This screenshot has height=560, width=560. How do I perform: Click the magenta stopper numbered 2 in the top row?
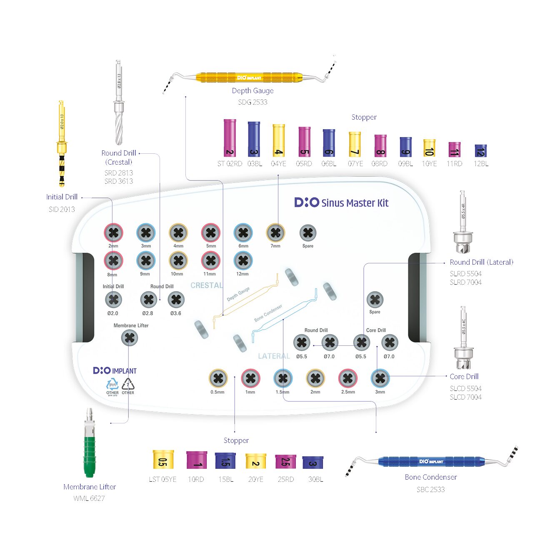coord(230,138)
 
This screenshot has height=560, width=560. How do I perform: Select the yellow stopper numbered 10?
coord(429,148)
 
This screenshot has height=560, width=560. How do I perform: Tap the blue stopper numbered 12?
coord(480,151)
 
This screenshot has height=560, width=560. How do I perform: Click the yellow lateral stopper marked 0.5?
coord(163,460)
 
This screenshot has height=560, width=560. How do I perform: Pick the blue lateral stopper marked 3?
coord(312,462)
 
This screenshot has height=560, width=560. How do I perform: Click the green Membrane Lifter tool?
coord(90,454)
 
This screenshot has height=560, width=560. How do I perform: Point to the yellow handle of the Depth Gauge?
coord(249,77)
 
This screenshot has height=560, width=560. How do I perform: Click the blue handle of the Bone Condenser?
coord(431,461)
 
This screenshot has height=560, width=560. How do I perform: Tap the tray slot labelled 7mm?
coord(275,233)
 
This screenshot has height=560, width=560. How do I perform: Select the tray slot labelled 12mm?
coord(243,261)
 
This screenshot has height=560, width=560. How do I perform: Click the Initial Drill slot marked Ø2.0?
coord(113,300)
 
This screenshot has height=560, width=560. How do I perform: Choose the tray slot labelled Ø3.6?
coord(176,300)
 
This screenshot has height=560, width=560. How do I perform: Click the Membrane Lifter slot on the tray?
coord(130,338)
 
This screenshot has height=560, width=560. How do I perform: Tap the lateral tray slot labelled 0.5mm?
coord(218,378)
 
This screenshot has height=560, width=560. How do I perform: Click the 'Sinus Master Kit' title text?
coord(355,203)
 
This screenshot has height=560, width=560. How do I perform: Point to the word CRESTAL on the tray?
coord(206,285)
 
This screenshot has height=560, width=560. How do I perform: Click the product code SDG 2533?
coord(252,102)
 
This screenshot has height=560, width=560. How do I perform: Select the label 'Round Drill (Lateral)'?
coord(481,262)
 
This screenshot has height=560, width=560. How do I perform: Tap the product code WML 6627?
coord(89,498)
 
